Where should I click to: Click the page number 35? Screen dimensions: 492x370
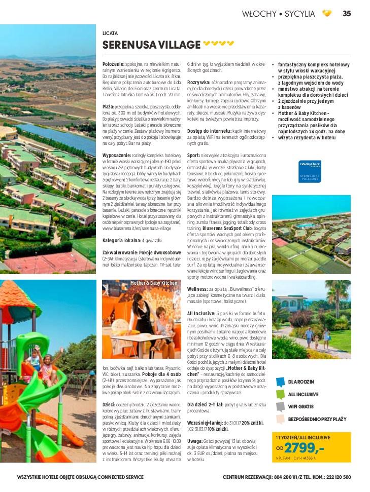(347, 14)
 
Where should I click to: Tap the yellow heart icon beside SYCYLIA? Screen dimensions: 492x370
(327, 14)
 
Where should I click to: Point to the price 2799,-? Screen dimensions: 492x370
(304, 447)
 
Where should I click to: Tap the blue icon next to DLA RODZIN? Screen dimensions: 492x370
(280, 381)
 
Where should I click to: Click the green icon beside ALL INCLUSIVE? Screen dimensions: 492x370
(280, 394)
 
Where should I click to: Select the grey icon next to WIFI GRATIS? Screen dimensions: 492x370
(280, 406)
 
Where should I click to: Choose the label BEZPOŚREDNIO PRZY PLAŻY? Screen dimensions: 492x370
(317, 419)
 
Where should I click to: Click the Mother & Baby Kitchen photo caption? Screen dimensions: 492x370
(154, 283)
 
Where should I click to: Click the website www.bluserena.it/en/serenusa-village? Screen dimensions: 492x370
(137, 229)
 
